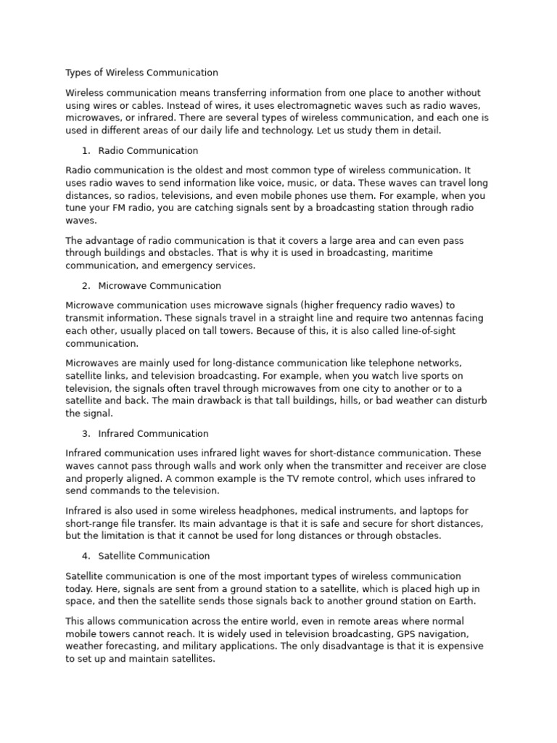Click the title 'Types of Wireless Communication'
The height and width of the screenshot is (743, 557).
pos(141,73)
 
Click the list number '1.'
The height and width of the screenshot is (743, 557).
pos(86,151)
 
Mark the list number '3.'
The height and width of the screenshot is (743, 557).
pos(86,434)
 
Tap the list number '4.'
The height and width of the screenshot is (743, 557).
pos(86,556)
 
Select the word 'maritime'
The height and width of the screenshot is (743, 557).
pos(434,253)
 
